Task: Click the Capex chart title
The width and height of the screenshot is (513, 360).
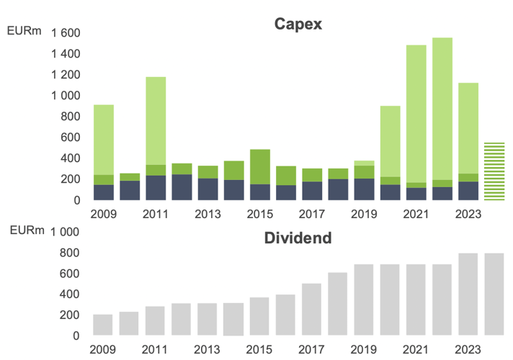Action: click(298, 24)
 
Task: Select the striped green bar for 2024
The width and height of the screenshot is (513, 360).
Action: click(494, 171)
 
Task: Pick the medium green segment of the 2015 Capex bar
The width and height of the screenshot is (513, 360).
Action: click(260, 166)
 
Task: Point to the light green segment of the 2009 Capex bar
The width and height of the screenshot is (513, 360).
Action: click(104, 140)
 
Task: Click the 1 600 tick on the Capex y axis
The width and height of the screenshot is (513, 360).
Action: click(66, 33)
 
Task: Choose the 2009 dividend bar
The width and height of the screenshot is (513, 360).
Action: click(104, 325)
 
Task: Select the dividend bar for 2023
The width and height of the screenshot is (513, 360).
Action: click(468, 294)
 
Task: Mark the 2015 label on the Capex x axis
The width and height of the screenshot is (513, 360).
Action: click(260, 214)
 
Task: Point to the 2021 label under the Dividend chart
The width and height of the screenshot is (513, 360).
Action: click(416, 349)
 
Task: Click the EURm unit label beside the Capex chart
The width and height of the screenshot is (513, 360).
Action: click(25, 31)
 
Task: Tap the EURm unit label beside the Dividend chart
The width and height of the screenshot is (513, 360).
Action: click(25, 230)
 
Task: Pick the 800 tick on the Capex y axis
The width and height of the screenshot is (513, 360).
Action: click(70, 117)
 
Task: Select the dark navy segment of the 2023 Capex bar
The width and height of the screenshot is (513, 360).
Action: click(468, 191)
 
